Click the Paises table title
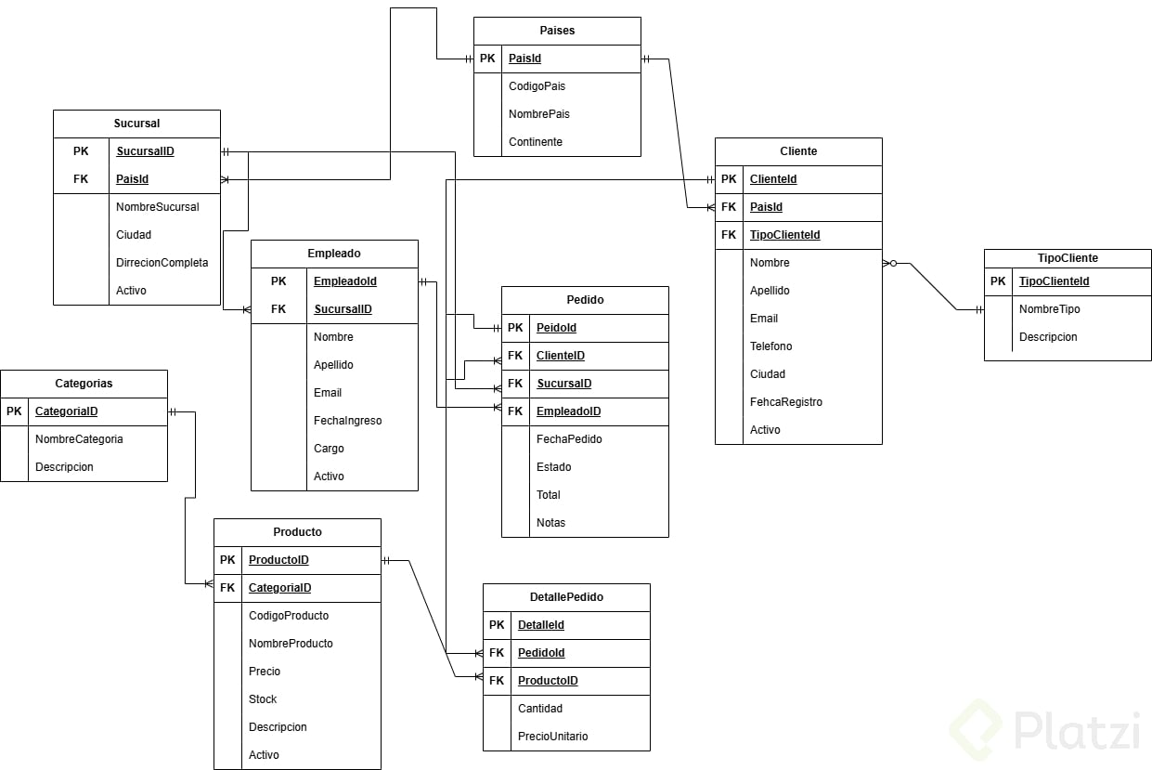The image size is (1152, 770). tap(557, 31)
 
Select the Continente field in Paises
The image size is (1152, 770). tap(536, 142)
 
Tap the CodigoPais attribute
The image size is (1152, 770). tap(537, 86)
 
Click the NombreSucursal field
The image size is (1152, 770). tap(157, 207)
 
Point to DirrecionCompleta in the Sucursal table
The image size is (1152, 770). tap(162, 263)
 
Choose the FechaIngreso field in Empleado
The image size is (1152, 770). tap(347, 421)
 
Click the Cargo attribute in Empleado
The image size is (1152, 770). tap(329, 449)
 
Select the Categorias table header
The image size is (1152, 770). tap(84, 384)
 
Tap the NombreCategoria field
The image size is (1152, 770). tap(79, 439)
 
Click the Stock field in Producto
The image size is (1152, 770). tap(263, 699)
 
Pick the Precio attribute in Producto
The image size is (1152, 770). tap(265, 672)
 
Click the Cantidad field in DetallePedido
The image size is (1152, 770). tap(540, 709)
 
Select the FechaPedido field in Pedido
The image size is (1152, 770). tap(569, 439)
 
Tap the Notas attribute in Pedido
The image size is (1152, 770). tap(550, 523)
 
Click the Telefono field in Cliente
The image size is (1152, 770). tap(770, 346)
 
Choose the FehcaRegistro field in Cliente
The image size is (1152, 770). tap(785, 402)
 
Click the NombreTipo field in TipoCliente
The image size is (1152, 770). tap(1049, 309)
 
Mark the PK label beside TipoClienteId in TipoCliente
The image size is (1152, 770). tap(998, 281)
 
